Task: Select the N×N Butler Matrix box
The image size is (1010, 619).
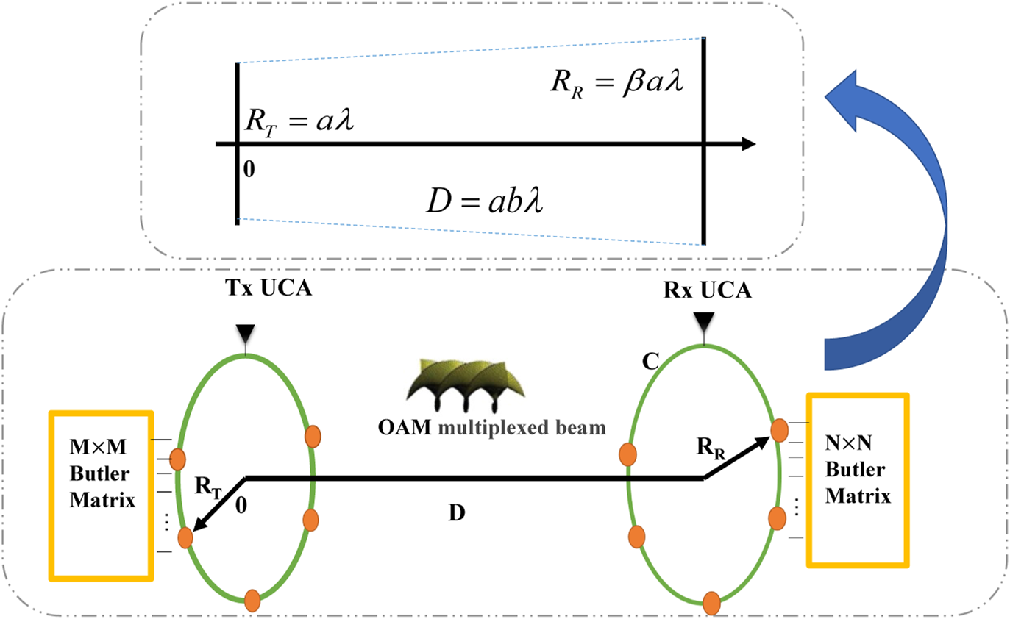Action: pos(858,480)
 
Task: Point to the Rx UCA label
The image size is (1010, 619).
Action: pos(707,291)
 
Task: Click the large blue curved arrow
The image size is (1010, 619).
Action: pos(897,213)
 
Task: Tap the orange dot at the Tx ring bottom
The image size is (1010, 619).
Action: pos(252,601)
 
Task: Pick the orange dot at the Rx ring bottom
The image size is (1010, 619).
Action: pos(711,603)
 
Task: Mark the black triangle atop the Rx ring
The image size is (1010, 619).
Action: pos(705,321)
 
